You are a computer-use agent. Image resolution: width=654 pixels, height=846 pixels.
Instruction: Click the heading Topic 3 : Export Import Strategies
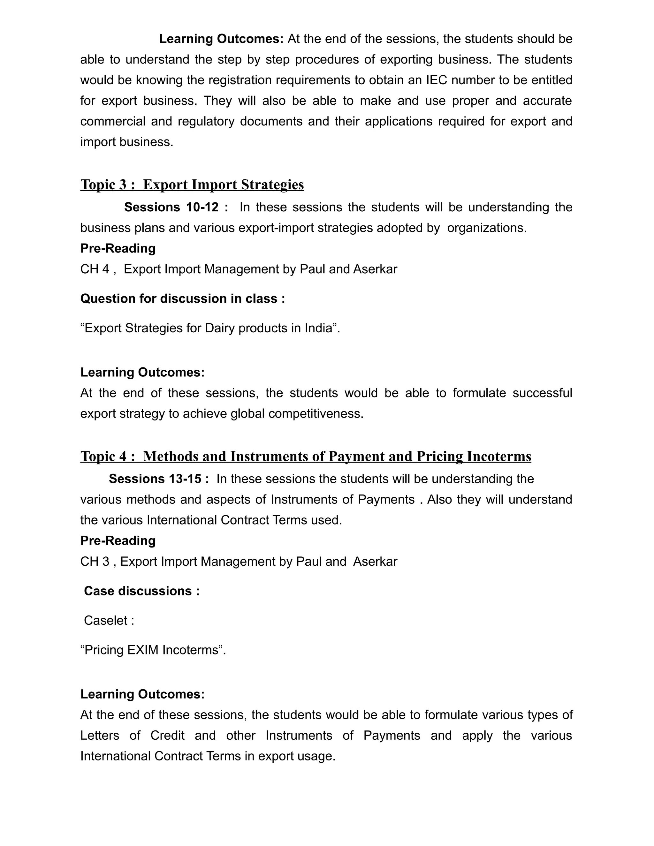point(192,185)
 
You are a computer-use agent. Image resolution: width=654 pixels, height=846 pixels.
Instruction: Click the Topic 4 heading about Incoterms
point(306,456)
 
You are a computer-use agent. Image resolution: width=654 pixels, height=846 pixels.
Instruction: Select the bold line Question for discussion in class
point(182,299)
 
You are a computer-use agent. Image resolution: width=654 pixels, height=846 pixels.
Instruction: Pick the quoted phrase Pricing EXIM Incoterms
point(153,650)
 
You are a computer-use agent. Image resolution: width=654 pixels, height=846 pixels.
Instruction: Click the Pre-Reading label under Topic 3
point(118,248)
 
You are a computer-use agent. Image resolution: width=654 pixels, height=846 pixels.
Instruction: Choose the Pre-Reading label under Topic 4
point(118,540)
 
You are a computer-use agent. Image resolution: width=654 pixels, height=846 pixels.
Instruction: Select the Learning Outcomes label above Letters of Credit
point(142,694)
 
